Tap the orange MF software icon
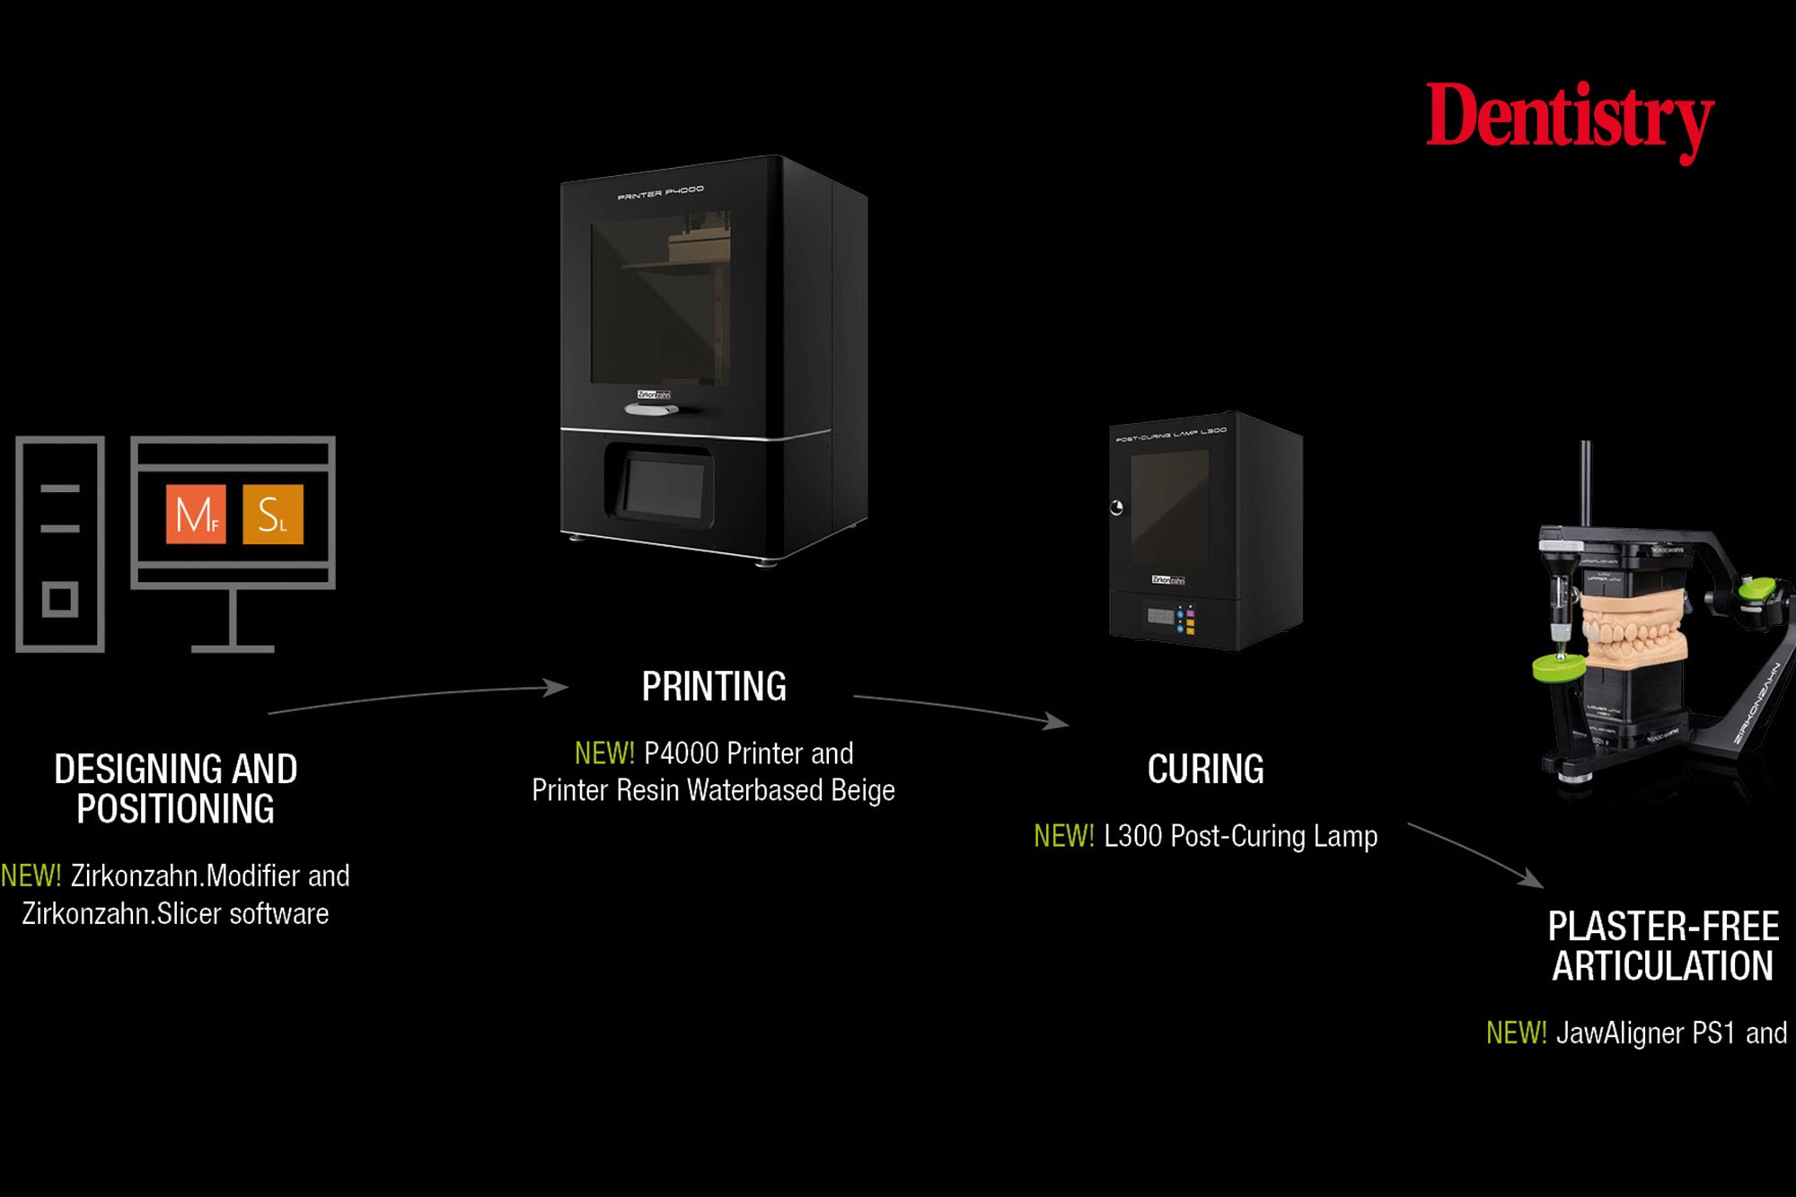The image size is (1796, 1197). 196,515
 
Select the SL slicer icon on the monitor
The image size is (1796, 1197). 273,515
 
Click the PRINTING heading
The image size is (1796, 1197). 714,687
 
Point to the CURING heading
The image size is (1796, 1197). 1205,770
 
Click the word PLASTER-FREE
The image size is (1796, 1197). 1663,927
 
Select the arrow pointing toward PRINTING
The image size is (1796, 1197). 422,697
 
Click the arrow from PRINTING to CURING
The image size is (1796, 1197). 961,708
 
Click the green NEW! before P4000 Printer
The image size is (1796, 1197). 604,753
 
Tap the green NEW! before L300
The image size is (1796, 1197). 1063,836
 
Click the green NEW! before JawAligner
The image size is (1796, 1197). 1516,1033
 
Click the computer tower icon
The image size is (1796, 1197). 60,543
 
